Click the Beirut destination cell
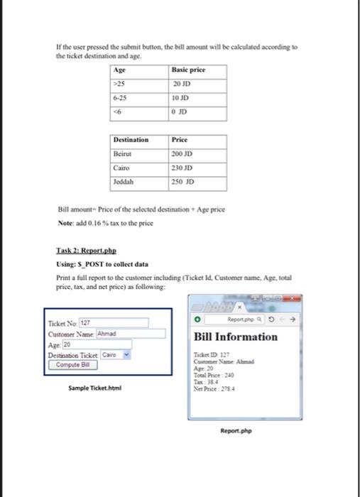[140, 153]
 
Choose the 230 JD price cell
[197, 166]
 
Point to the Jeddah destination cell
[140, 180]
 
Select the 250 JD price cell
[197, 180]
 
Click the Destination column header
[140, 140]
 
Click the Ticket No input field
[114, 323]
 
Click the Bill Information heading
[236, 337]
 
